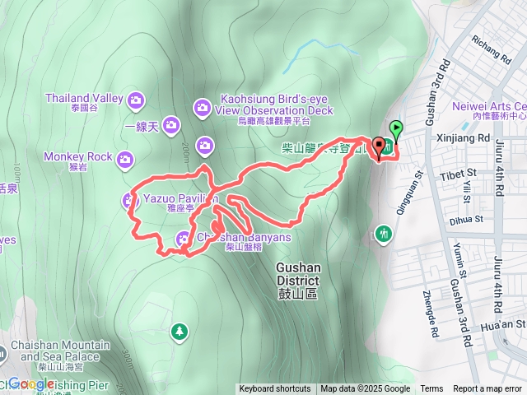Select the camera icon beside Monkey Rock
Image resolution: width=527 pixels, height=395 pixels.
124,158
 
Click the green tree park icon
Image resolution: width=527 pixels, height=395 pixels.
178,332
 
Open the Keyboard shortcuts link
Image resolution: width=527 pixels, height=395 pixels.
275,389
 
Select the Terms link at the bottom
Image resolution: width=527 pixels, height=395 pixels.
431,389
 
